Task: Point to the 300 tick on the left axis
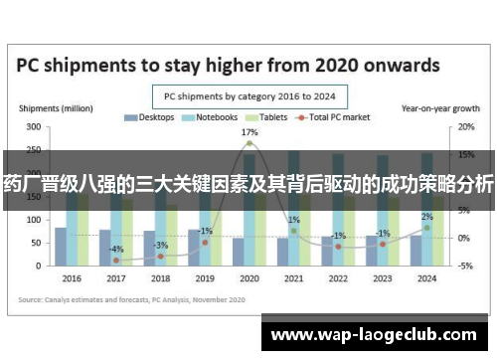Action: [x=34, y=127]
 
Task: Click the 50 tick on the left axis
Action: [x=37, y=243]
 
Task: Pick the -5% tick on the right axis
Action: [x=464, y=266]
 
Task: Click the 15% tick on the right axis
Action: [x=464, y=155]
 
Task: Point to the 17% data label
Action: [x=249, y=132]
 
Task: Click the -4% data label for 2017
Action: [x=116, y=249]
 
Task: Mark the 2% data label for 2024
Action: [x=426, y=217]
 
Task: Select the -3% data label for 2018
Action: [x=161, y=245]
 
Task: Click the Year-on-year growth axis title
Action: [x=438, y=106]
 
